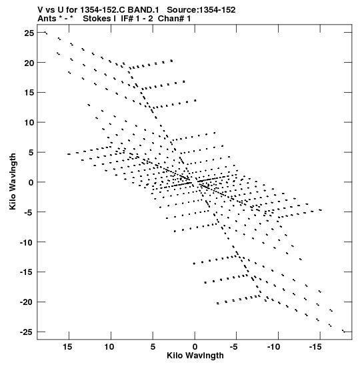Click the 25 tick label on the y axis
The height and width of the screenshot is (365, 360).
pyautogui.click(x=29, y=33)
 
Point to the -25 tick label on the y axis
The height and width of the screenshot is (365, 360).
pyautogui.click(x=27, y=332)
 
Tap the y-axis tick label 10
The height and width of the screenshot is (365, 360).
pyautogui.click(x=29, y=122)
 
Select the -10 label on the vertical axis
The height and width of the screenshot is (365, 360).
pyautogui.click(x=27, y=242)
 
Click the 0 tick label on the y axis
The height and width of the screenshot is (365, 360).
pyautogui.click(x=31, y=183)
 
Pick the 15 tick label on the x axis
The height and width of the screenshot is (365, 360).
pyautogui.click(x=67, y=347)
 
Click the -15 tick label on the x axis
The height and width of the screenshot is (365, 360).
pyautogui.click(x=315, y=347)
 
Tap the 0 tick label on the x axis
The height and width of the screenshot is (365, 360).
pyautogui.click(x=195, y=347)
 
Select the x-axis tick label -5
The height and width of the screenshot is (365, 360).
pyautogui.click(x=234, y=347)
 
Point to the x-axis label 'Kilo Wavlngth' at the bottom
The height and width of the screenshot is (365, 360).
pyautogui.click(x=195, y=356)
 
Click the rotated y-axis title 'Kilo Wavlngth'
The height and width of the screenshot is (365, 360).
pyautogui.click(x=13, y=181)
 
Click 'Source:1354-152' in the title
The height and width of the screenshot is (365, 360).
pyautogui.click(x=201, y=10)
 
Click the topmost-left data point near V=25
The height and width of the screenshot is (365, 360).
pyautogui.click(x=46, y=33)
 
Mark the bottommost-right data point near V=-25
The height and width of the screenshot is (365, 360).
pyautogui.click(x=344, y=331)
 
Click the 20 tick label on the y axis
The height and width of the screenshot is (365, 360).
pyautogui.click(x=29, y=63)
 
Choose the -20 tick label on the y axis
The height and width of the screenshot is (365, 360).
pyautogui.click(x=27, y=302)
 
